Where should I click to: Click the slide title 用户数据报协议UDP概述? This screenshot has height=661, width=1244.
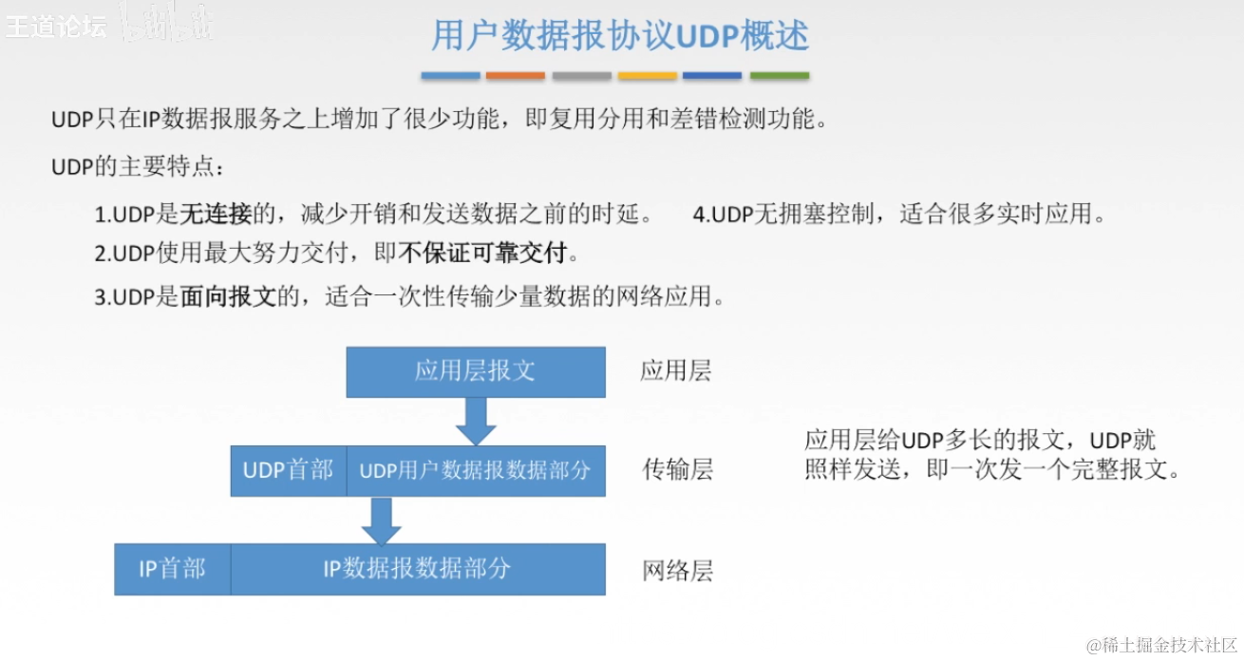click(x=620, y=36)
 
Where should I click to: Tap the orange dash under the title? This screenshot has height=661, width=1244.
click(x=516, y=76)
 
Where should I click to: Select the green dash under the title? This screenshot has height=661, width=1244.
click(x=780, y=76)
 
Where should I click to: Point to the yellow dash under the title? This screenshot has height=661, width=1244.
click(x=648, y=76)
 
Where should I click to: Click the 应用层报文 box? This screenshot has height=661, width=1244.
click(x=475, y=371)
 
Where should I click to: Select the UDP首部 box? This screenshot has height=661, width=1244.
click(x=288, y=470)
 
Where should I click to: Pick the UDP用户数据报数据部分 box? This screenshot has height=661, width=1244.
click(x=475, y=470)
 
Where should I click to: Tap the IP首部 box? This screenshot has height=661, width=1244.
click(x=172, y=569)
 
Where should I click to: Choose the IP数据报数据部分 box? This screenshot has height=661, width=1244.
click(x=417, y=569)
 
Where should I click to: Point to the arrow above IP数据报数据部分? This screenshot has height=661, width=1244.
click(x=382, y=520)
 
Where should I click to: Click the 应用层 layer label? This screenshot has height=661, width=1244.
click(x=675, y=371)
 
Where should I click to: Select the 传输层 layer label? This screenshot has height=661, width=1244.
click(x=677, y=470)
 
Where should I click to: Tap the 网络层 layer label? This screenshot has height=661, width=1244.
click(x=677, y=571)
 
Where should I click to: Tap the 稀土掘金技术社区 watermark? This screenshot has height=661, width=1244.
click(x=1169, y=646)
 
